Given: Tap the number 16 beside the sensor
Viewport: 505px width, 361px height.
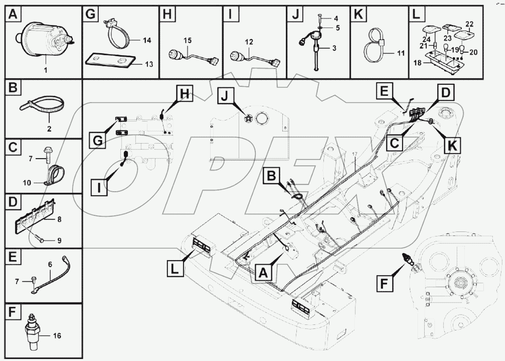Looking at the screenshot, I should point(57,335).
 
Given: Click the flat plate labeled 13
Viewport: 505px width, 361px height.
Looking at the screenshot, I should point(110,60).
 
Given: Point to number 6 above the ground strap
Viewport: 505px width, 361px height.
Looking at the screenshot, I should point(50,265).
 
